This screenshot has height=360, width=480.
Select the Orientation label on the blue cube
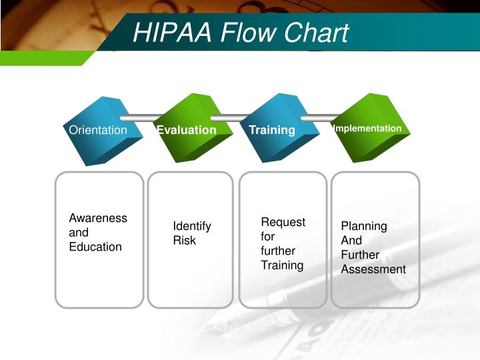click(98, 130)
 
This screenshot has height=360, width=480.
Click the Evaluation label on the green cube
click(187, 130)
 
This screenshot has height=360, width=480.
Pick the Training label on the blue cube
click(272, 130)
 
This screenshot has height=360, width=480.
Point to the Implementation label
click(367, 128)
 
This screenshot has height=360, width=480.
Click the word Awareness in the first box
click(98, 218)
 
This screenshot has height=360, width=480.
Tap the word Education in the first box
click(95, 247)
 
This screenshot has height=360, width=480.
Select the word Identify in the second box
click(192, 226)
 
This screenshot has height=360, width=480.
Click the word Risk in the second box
click(185, 240)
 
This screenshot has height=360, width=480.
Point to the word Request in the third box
click(283, 222)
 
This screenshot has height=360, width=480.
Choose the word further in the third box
click(278, 251)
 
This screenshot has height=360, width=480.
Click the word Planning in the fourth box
click(364, 226)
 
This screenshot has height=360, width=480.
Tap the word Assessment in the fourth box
click(373, 269)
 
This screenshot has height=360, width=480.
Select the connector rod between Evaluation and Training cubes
click(229, 117)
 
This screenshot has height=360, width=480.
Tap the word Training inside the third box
click(282, 265)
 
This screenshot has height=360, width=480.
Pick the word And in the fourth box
click(351, 240)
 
